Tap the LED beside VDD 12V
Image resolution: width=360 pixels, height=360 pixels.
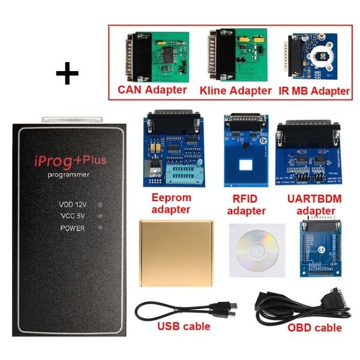[100, 205]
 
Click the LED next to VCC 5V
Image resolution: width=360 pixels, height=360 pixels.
[100, 216]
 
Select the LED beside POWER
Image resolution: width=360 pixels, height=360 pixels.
[100, 228]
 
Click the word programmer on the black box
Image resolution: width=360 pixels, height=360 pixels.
[68, 175]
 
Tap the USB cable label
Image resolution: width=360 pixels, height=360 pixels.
[184, 326]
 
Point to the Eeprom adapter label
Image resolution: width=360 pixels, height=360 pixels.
[171, 203]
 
